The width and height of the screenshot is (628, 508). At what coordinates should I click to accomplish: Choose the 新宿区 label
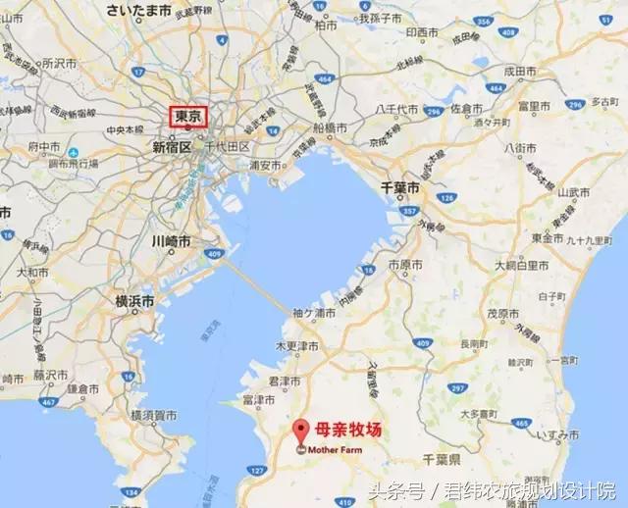[173, 146]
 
